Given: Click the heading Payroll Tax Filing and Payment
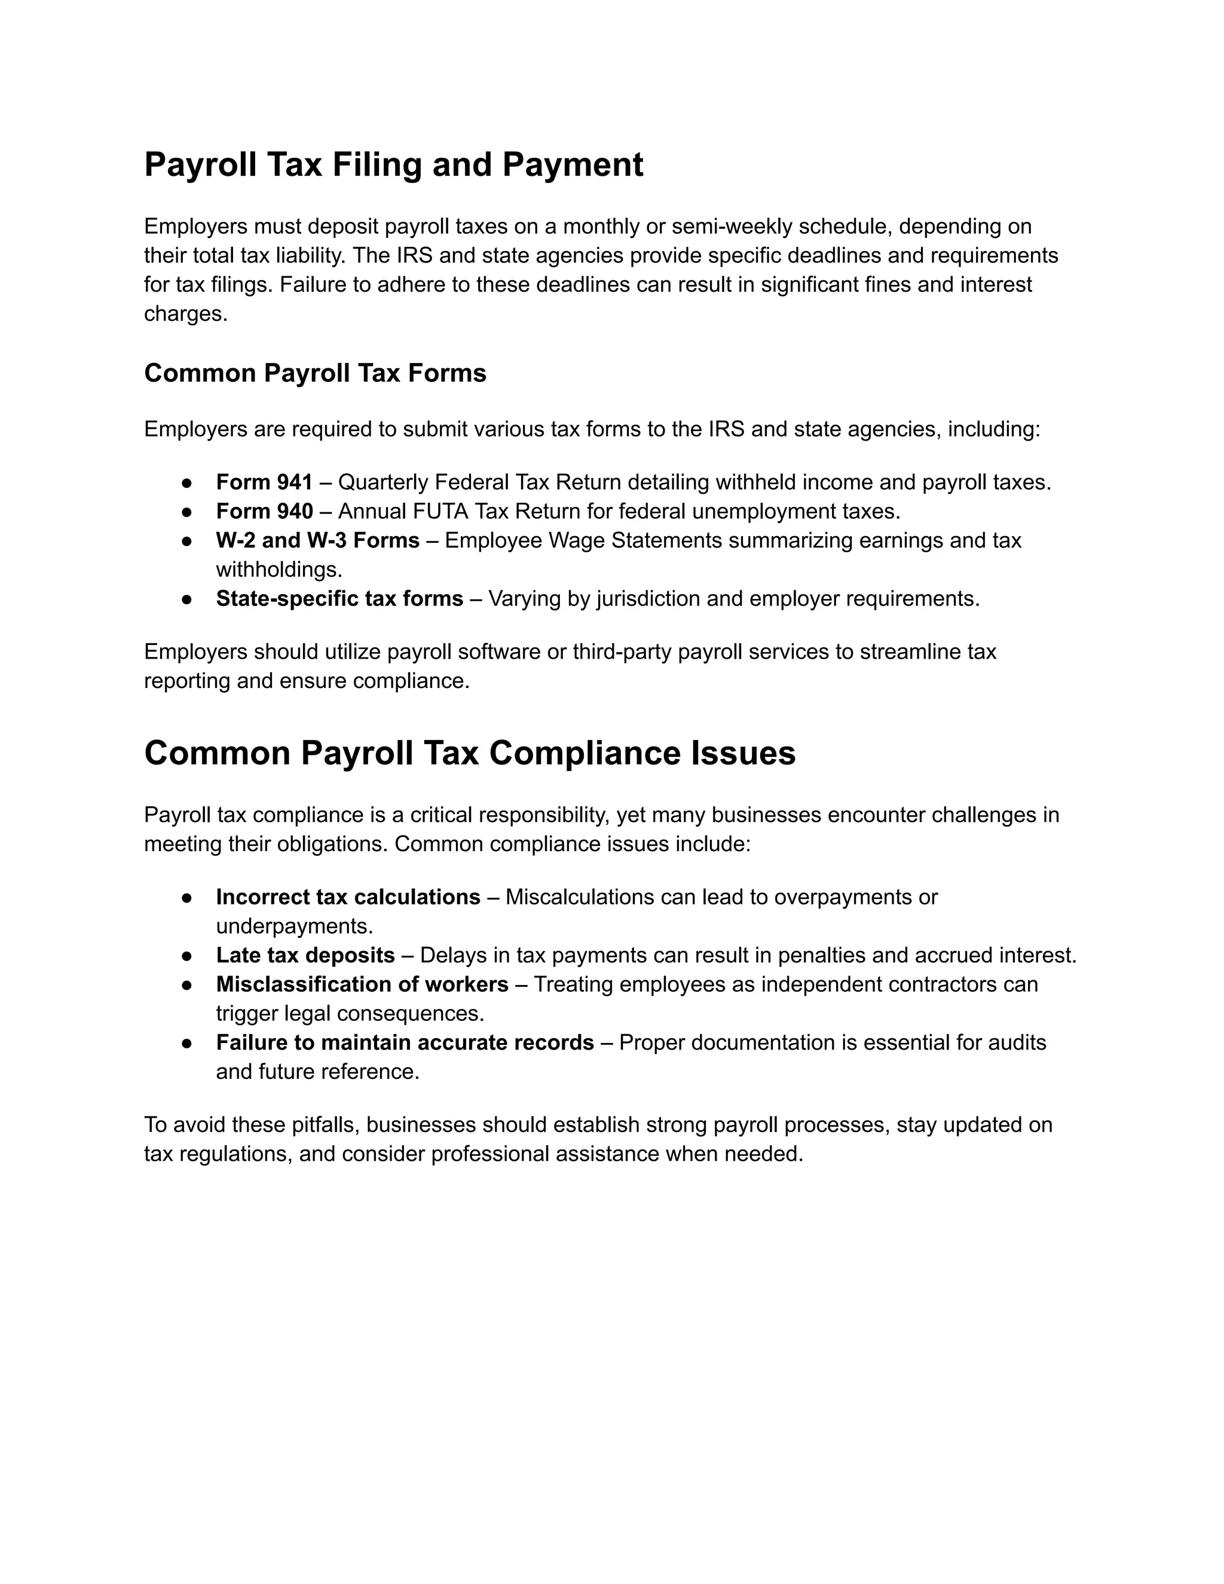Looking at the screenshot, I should click(393, 164).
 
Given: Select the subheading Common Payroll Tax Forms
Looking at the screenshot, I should click(315, 373).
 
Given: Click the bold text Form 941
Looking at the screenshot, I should click(264, 482).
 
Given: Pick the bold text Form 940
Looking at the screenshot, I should click(264, 511).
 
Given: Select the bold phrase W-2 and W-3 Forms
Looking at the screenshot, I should click(317, 540).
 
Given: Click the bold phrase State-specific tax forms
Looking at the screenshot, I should click(339, 598).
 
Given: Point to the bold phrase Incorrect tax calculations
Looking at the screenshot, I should click(347, 897).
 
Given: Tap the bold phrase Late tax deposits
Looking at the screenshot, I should click(305, 955).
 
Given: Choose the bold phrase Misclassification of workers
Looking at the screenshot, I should click(362, 984).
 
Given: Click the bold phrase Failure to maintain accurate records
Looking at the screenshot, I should click(405, 1042).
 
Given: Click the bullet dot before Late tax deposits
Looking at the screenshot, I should click(186, 956).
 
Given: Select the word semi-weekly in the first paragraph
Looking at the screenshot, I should click(732, 227).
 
